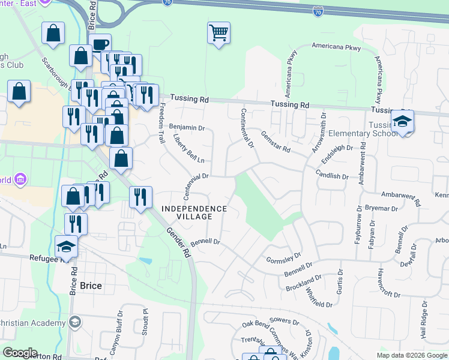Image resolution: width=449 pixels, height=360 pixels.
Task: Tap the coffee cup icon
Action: click(100, 44)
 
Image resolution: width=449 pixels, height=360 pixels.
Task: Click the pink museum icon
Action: click(20, 179)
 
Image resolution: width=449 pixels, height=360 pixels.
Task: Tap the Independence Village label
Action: click(194, 209)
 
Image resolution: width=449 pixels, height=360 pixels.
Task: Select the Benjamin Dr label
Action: click(187, 127)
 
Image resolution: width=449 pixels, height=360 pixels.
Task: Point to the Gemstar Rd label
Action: click(276, 142)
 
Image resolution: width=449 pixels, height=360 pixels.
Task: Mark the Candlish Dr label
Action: click(332, 175)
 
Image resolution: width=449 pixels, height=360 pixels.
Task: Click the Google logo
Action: click(20, 353)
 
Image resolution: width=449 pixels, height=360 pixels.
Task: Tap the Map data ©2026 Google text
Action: click(412, 355)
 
